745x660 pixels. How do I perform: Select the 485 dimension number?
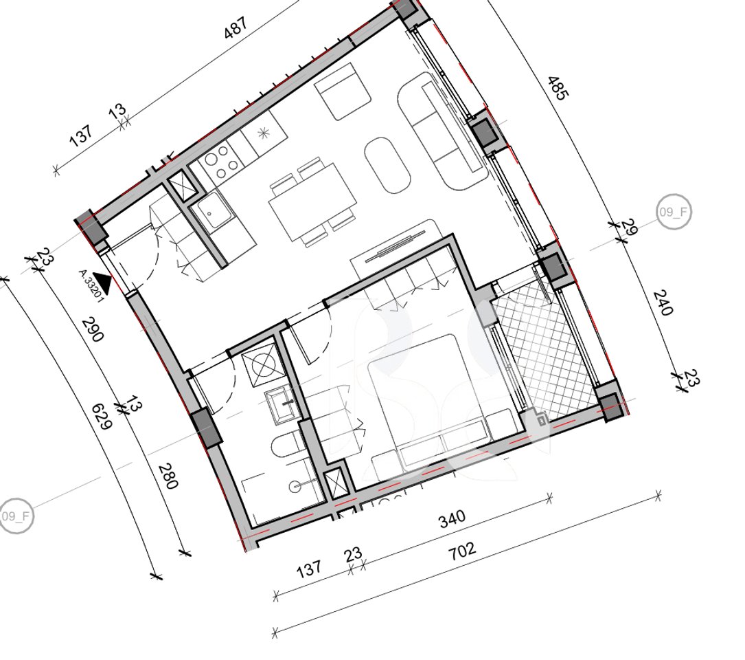point(557,89)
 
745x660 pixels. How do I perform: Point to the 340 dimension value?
point(452,518)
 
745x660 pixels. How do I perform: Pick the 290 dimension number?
point(93,330)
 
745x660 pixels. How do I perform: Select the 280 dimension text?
point(168,476)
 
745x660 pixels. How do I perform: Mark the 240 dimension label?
point(662,302)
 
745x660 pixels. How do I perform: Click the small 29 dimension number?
point(628,228)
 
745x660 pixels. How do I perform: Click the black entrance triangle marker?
point(103,280)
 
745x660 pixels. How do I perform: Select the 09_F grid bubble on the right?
point(674,212)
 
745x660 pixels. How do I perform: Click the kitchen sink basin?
point(211,208)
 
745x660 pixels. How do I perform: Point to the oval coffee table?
point(387,165)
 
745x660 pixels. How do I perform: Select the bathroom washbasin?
point(282,404)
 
